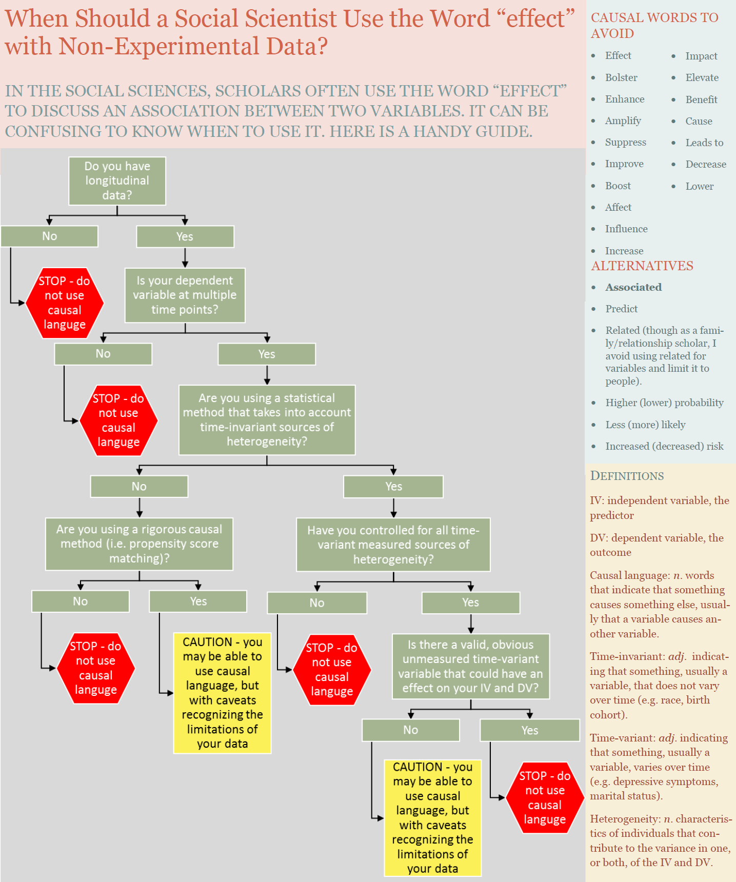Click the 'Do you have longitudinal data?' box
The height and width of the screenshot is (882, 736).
pos(117,181)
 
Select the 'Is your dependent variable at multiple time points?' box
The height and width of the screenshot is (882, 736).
pos(185,295)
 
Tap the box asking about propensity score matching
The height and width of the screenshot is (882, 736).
pos(139,544)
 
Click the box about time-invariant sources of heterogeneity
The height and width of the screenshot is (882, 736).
pos(267,419)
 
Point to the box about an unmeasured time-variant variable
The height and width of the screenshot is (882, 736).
pos(470,666)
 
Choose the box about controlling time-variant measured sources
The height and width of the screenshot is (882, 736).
pos(393,545)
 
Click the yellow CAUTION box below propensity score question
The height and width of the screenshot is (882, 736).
pos(222,693)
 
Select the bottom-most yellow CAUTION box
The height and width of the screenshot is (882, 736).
pos(432,817)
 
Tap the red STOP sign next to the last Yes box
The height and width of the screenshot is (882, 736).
pos(545,797)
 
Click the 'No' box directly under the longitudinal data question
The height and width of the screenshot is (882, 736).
pos(49,236)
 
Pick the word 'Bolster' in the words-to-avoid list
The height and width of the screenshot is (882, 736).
pos(621,77)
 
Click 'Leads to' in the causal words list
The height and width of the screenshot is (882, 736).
pos(704,143)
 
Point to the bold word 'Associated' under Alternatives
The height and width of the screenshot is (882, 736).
pos(633,287)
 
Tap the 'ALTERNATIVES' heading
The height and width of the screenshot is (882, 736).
pos(642,266)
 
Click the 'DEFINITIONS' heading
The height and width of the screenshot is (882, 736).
pos(627,476)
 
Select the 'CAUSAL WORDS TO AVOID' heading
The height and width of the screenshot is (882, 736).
pos(654,25)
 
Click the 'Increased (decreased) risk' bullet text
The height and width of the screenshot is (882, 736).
pos(664,446)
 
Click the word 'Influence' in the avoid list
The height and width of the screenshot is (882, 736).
pos(626,229)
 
